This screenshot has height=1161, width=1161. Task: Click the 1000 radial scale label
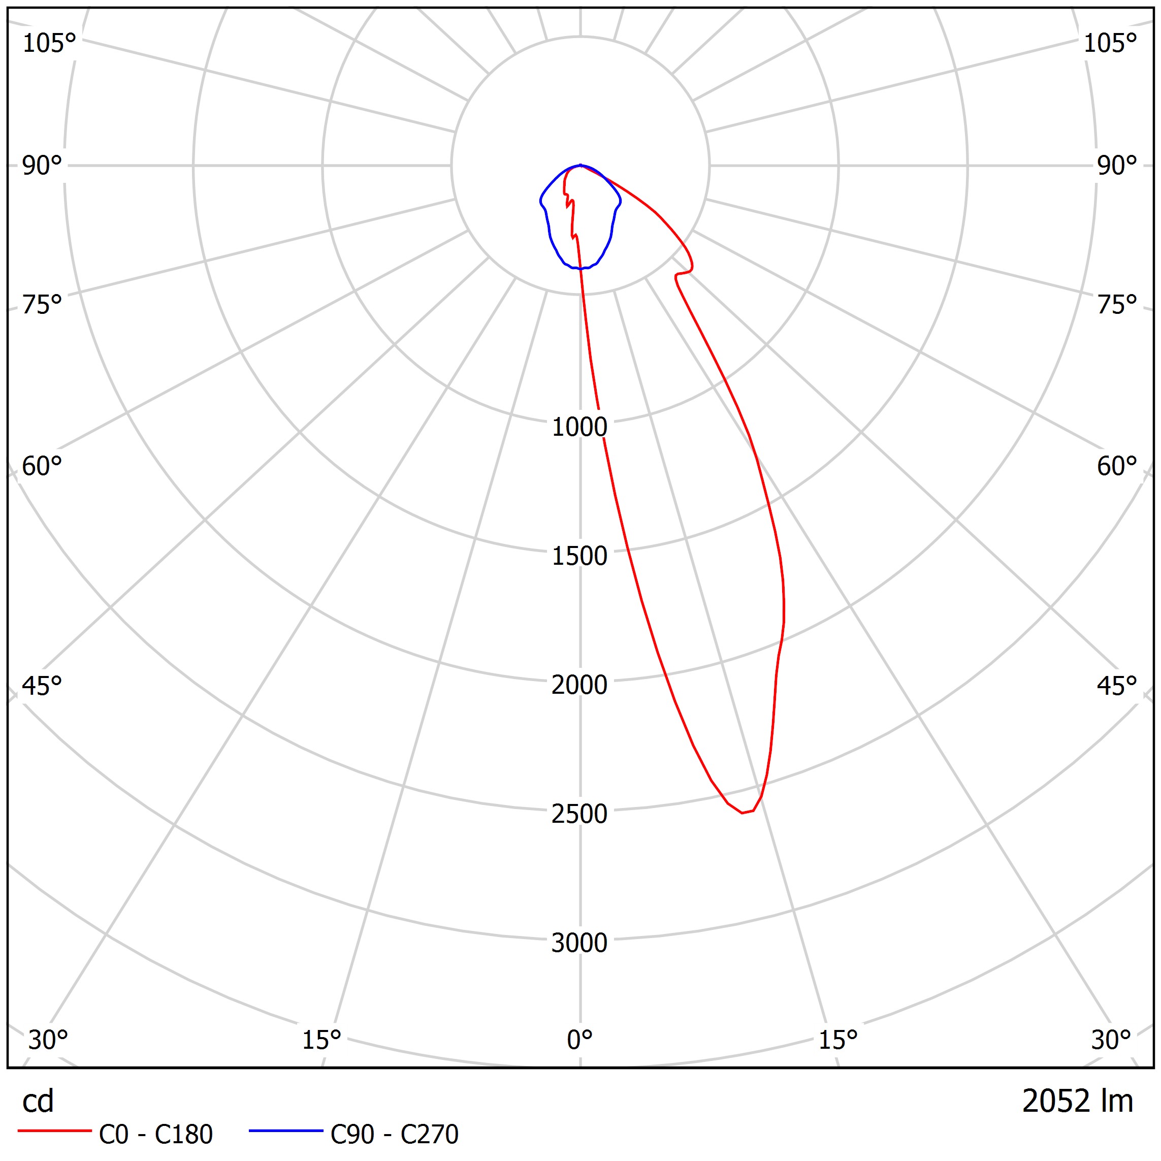pyautogui.click(x=579, y=427)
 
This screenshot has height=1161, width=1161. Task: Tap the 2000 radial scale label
pyautogui.click(x=579, y=685)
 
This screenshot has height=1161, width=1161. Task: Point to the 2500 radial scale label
pyautogui.click(x=579, y=814)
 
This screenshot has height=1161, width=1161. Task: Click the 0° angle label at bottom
pyautogui.click(x=579, y=1040)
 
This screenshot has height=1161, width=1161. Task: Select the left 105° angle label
pyautogui.click(x=49, y=43)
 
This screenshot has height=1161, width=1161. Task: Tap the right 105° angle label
pyautogui.click(x=1110, y=43)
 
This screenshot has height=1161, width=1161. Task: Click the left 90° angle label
pyautogui.click(x=42, y=166)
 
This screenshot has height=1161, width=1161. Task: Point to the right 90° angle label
pyautogui.click(x=1116, y=166)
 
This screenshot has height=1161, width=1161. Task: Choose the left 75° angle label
pyautogui.click(x=42, y=305)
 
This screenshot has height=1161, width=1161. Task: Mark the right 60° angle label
pyautogui.click(x=1116, y=467)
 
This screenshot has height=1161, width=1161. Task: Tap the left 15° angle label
pyautogui.click(x=321, y=1040)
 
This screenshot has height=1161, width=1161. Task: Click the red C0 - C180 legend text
pyautogui.click(x=155, y=1135)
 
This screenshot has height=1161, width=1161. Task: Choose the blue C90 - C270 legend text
pyautogui.click(x=394, y=1135)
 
